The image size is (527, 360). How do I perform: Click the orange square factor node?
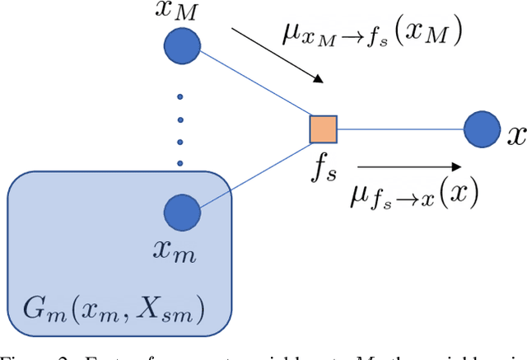[323, 129]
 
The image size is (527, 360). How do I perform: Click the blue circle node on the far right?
[480, 129]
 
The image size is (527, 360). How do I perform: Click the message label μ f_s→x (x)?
[409, 195]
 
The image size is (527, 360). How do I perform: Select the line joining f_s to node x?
[400, 129]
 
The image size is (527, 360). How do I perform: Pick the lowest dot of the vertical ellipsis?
[180, 161]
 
